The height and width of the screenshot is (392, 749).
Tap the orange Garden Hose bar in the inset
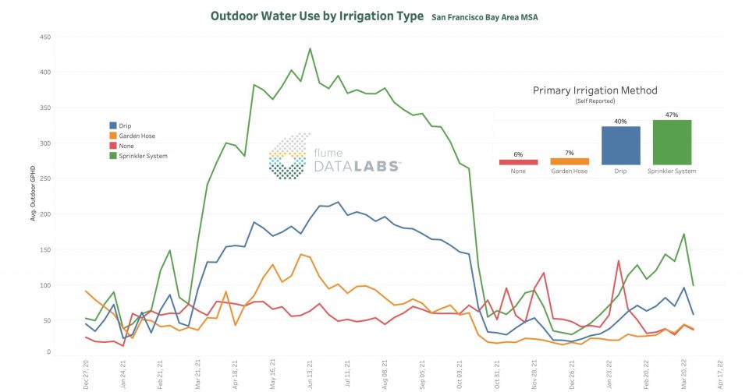click(570, 161)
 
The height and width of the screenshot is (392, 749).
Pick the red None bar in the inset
click(518, 162)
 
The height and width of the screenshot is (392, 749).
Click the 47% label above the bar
click(672, 113)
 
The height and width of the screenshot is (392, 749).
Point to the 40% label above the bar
click(620, 120)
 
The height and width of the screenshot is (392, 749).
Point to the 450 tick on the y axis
click(46, 37)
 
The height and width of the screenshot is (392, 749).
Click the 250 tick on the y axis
click(46, 178)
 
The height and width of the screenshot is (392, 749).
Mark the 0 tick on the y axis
click(49, 352)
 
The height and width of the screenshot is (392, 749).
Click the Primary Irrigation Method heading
click(595, 90)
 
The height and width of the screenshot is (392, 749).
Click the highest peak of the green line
click(310, 48)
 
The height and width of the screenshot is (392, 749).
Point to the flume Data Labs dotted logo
click(290, 155)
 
